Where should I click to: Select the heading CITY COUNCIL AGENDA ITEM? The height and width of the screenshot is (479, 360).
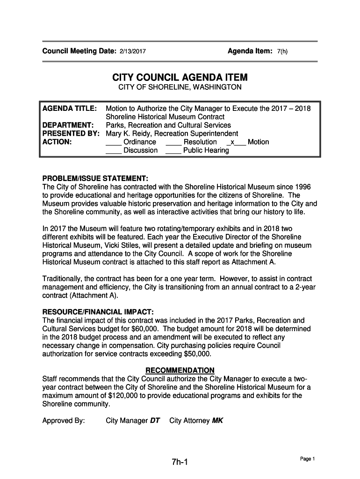(180, 77)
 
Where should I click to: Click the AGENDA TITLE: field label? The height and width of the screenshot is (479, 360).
(70, 109)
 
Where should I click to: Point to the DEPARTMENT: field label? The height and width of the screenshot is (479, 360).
(69, 125)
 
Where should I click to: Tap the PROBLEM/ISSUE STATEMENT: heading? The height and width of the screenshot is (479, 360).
(95, 179)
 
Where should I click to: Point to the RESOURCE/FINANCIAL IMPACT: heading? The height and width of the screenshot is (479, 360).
(98, 312)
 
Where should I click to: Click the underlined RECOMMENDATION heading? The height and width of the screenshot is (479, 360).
(180, 370)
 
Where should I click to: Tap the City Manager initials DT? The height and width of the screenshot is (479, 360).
(155, 421)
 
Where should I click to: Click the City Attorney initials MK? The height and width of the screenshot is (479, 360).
(217, 421)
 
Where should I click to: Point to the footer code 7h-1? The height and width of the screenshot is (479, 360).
(180, 463)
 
